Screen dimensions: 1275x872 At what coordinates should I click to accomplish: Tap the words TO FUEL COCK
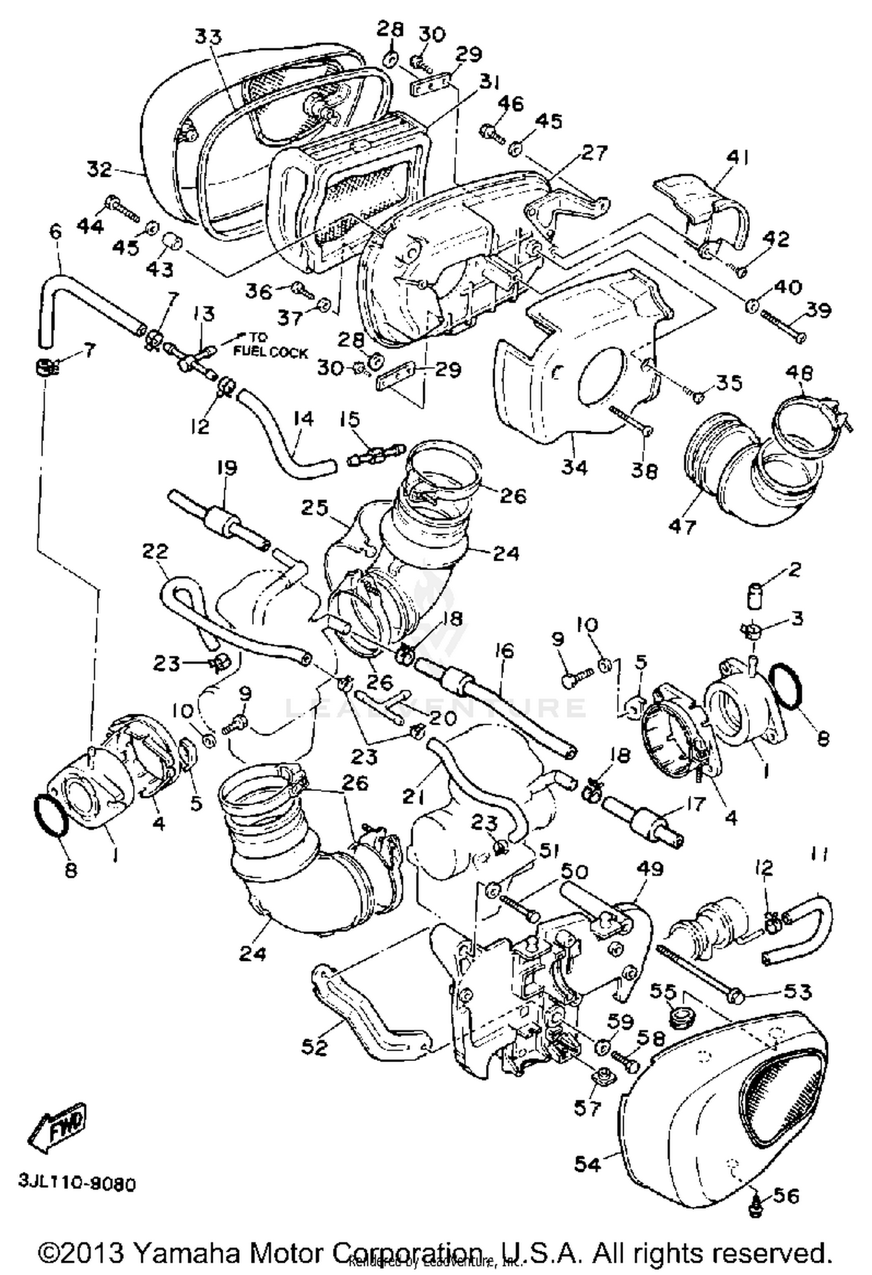[x=269, y=346]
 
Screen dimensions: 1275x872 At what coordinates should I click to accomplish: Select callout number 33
[x=207, y=37]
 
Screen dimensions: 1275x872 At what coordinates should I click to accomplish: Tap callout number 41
[x=737, y=158]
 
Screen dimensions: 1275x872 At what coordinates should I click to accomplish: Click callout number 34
[x=574, y=467]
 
